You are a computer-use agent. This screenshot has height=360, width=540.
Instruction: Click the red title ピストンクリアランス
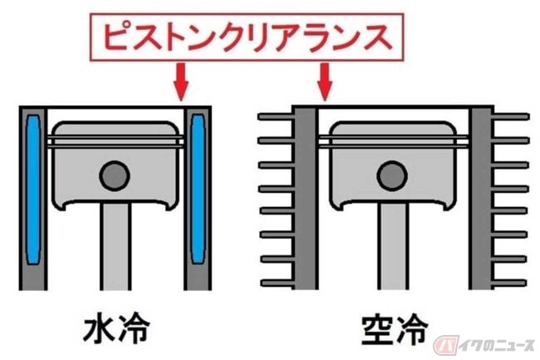247,37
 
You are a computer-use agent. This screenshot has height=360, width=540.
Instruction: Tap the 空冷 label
395,329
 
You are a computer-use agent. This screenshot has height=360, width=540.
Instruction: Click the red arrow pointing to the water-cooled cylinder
181,81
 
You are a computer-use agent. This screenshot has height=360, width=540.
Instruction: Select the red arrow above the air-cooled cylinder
324,81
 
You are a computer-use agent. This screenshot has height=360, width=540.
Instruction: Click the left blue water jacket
33,190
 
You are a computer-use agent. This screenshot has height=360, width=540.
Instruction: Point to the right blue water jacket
198,189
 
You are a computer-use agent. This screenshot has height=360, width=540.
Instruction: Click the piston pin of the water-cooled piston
115,175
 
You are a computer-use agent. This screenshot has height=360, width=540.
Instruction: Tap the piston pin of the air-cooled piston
392,175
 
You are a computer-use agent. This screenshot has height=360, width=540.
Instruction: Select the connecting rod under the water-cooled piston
115,246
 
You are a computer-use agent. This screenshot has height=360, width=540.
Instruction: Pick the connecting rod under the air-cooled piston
393,246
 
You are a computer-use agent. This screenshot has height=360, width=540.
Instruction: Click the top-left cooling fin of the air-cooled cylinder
276,117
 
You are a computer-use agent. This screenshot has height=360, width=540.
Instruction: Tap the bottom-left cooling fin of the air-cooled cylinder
277,284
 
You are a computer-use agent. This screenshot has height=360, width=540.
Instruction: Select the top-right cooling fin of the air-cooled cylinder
510,117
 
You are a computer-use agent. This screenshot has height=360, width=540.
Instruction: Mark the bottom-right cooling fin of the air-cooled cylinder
509,284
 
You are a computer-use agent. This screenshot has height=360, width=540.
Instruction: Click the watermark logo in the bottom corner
484,345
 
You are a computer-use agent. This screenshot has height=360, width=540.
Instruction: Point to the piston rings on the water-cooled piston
115,142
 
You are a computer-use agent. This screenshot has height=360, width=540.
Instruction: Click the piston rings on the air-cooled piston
393,142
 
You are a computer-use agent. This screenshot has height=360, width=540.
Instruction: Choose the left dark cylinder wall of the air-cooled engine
306,198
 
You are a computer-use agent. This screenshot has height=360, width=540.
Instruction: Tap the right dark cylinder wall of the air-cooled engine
481,198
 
